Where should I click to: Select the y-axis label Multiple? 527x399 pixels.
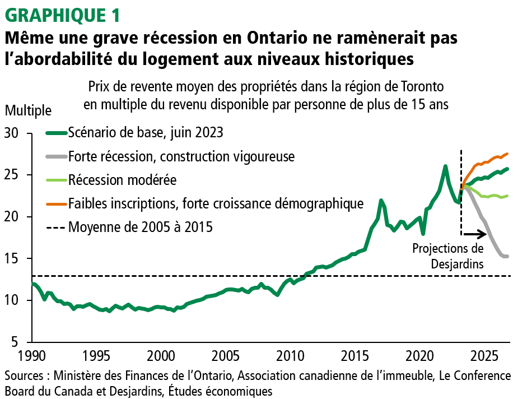point(28,110)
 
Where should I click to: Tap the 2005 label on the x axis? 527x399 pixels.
point(226,356)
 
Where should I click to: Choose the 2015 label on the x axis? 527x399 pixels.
point(355,356)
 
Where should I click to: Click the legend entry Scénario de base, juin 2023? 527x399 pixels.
point(146,133)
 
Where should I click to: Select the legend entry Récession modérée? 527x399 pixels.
point(122,180)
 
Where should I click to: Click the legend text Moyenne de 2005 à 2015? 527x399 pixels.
point(140,228)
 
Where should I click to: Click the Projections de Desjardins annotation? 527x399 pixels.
point(449,256)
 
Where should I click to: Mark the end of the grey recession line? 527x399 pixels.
point(507,257)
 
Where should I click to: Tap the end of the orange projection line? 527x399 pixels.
point(507,154)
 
